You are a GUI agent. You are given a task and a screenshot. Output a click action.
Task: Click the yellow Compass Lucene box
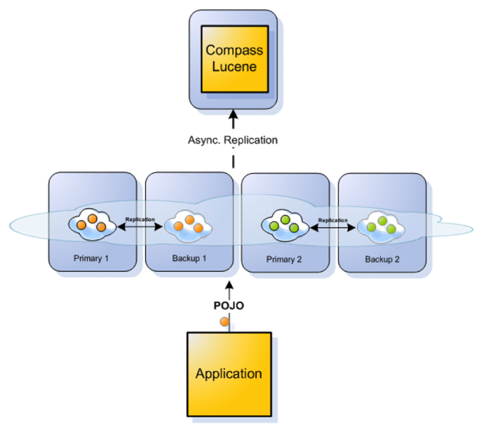coord(233,59)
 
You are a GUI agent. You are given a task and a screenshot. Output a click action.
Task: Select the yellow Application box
coord(229,373)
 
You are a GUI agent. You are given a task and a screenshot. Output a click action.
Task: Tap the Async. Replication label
coord(233,140)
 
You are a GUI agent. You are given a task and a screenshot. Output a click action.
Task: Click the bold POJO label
coord(229,306)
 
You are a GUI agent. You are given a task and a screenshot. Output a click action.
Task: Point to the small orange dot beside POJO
coord(224,322)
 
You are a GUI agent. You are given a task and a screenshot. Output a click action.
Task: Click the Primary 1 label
coord(92,258)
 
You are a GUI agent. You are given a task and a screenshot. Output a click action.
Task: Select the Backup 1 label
coord(188,258)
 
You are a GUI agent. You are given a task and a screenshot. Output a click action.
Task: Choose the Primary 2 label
coord(285,258)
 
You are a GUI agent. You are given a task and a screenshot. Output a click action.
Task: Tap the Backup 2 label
coord(381,258)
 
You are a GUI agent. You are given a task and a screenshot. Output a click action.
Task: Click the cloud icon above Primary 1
coord(92,224)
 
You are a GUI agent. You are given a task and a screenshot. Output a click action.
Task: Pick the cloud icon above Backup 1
coord(188,224)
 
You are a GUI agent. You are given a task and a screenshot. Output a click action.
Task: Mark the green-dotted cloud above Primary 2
coord(285,226)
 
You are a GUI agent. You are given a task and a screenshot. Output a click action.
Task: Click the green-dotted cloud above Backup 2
coord(381,226)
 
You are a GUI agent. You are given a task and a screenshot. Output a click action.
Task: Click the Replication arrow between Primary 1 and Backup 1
coord(140,226)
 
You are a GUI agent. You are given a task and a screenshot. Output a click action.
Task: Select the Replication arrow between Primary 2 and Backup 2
coord(333,226)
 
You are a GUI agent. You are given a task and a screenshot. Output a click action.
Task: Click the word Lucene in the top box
coord(233,66)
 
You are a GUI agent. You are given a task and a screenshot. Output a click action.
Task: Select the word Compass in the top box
coord(233,50)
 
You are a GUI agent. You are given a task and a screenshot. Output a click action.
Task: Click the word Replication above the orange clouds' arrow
coord(140,219)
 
